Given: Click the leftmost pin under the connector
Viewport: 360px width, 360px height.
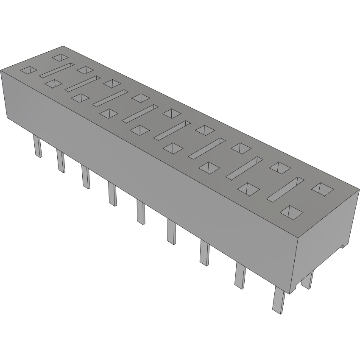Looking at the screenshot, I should point(38,146).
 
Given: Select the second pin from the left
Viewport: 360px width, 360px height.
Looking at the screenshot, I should point(61,161).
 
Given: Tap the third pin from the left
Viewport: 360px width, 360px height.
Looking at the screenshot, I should point(86,177).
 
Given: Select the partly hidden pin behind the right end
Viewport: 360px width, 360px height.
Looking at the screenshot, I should point(308,280).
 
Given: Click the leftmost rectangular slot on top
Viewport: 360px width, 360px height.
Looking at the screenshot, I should point(56,70).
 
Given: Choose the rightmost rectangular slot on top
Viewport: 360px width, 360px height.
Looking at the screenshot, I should point(285,189).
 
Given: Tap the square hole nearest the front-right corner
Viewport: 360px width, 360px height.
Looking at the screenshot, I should point(292,212).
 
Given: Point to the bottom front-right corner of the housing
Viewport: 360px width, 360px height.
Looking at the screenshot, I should point(291,293).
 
